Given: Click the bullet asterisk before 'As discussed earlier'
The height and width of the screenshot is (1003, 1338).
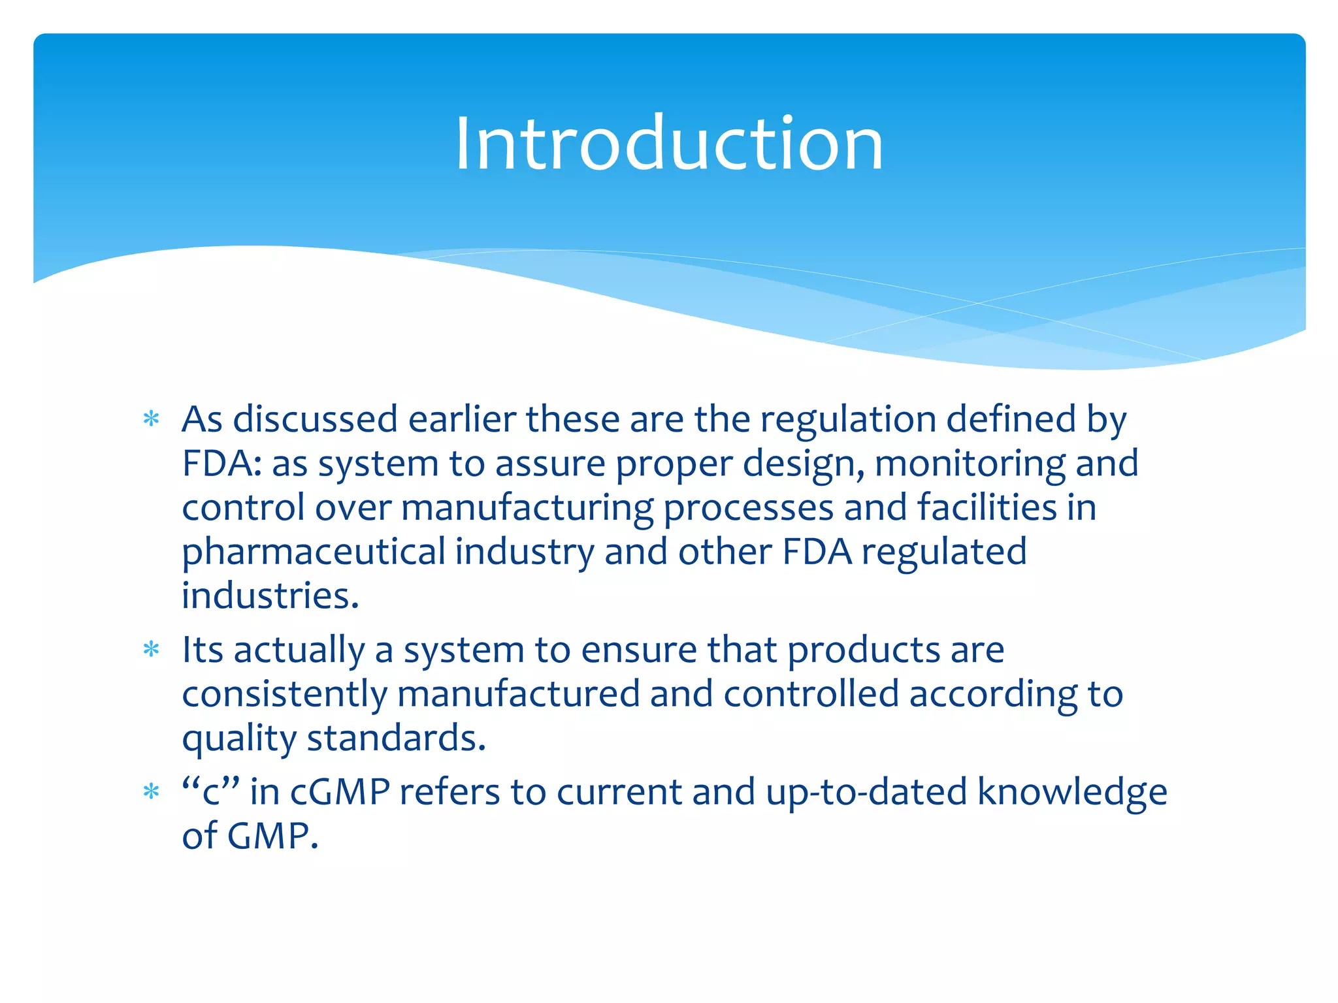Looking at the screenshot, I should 152,419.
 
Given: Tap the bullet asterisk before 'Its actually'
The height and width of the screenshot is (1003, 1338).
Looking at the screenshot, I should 152,650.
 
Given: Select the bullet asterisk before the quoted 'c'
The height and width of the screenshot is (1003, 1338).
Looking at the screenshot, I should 152,792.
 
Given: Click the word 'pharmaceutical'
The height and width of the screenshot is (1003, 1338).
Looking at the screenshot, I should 314,552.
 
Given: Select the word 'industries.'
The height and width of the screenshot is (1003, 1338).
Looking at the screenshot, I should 270,596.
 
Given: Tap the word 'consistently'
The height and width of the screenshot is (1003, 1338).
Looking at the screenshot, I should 285,695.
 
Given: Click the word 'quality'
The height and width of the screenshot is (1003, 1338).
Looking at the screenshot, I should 239,739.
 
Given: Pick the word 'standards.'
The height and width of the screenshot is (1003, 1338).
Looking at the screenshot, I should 397,738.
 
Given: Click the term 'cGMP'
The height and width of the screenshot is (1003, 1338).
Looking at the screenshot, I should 340,792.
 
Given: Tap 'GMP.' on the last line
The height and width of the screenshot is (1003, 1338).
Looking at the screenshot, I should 273,836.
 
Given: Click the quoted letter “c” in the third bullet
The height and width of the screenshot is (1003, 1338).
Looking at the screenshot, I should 212,792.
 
